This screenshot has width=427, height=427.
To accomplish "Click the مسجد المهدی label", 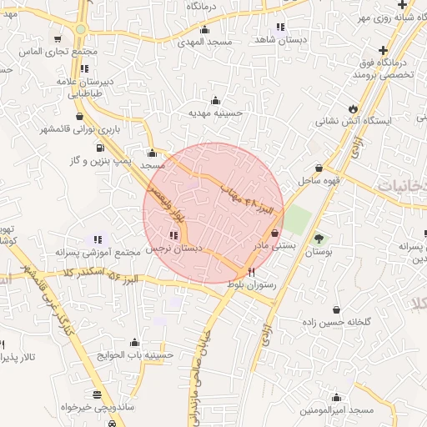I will [208, 42].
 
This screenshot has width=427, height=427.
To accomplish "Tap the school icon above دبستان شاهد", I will [280, 27].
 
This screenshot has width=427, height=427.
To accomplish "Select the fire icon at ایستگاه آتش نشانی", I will [354, 108].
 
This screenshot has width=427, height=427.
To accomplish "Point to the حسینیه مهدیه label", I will [215, 113].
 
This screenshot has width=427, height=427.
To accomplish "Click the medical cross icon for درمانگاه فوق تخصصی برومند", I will [381, 49].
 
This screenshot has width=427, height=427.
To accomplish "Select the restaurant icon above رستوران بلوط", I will [252, 272].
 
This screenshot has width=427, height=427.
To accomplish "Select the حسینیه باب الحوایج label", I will [135, 355].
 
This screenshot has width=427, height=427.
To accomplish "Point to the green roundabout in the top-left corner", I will [80, 29].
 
